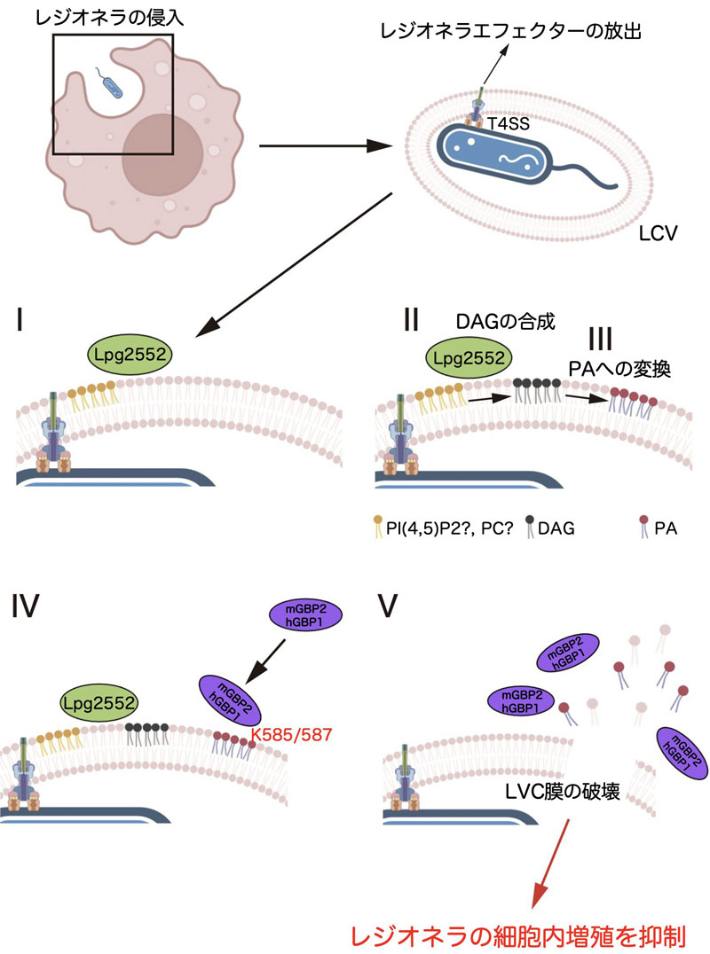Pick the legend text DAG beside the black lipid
pyautogui.click(x=556, y=529)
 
